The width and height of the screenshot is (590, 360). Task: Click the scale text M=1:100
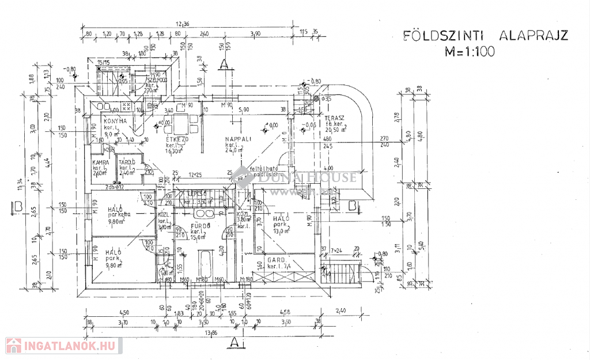tap(470, 51)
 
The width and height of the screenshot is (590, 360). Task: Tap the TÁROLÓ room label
tap(127, 163)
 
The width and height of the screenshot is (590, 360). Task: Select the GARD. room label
tap(278, 260)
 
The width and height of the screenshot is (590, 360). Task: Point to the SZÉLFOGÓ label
tap(156, 79)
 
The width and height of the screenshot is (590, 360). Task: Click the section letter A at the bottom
tap(234, 342)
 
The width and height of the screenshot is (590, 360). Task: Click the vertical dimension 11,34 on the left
tap(21, 184)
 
